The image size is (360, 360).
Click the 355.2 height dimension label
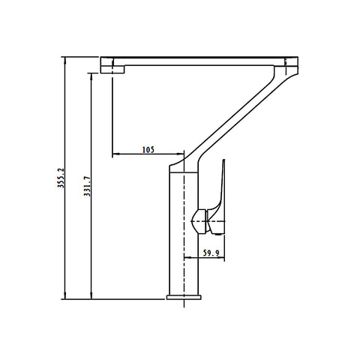[61, 178]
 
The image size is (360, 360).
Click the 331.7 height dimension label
[87, 186]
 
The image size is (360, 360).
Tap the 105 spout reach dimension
[148, 150]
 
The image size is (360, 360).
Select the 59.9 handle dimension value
[211, 253]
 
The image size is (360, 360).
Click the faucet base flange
[184, 297]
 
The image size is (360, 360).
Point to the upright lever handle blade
[220, 185]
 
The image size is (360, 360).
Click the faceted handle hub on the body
[199, 222]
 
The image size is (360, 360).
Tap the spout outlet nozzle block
[112, 65]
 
